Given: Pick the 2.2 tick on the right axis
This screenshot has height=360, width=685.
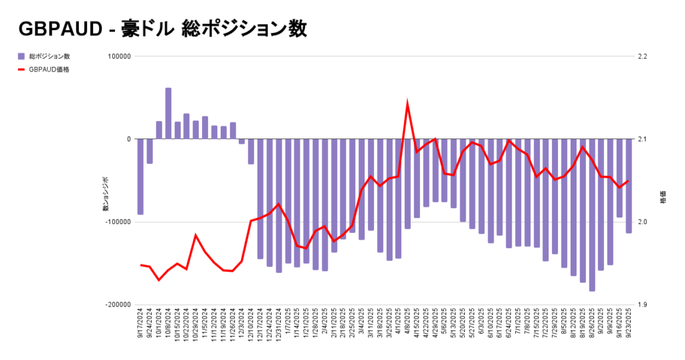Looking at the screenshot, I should click(643, 57).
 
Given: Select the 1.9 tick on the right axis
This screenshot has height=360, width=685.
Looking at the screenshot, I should click(643, 304).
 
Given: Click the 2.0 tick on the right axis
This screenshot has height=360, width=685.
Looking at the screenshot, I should click(643, 222).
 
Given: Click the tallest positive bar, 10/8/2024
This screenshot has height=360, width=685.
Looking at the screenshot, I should click(168, 114).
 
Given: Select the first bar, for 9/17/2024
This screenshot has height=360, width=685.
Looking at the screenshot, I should click(140, 177).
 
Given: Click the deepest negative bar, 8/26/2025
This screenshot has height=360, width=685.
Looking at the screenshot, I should click(573, 215).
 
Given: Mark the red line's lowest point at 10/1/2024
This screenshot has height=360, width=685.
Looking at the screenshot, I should click(159, 280).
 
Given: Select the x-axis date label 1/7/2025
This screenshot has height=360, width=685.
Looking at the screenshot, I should click(288, 328).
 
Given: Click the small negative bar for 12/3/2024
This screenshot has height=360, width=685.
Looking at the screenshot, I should click(241, 141).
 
